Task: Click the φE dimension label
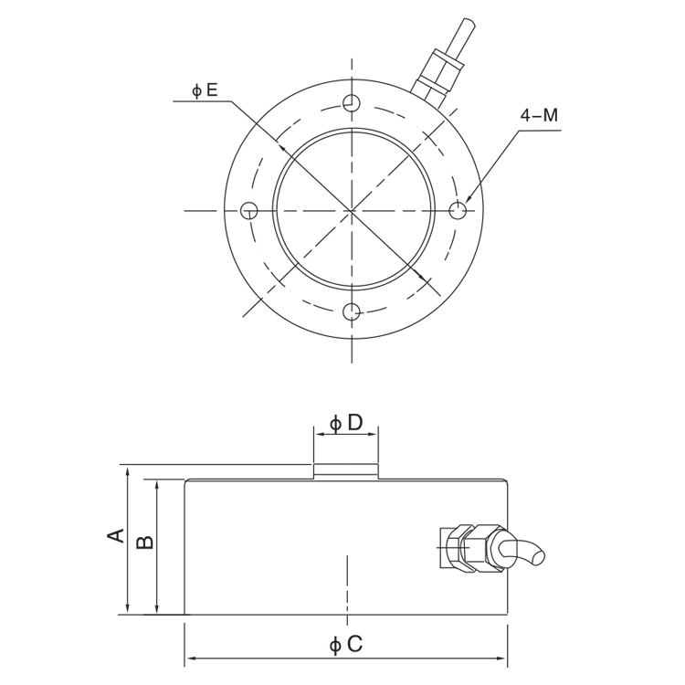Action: [x=205, y=90]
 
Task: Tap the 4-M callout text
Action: [x=539, y=115]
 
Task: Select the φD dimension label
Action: [x=346, y=423]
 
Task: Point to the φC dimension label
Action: [x=346, y=644]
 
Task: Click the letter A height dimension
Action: [x=116, y=534]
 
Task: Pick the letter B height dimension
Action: [x=145, y=542]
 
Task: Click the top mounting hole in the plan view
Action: [x=352, y=102]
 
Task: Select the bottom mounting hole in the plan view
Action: [x=352, y=312]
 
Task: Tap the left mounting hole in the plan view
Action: [x=248, y=211]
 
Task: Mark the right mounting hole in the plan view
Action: [x=458, y=211]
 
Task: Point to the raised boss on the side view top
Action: [x=346, y=471]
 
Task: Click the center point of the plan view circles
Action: [x=352, y=211]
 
